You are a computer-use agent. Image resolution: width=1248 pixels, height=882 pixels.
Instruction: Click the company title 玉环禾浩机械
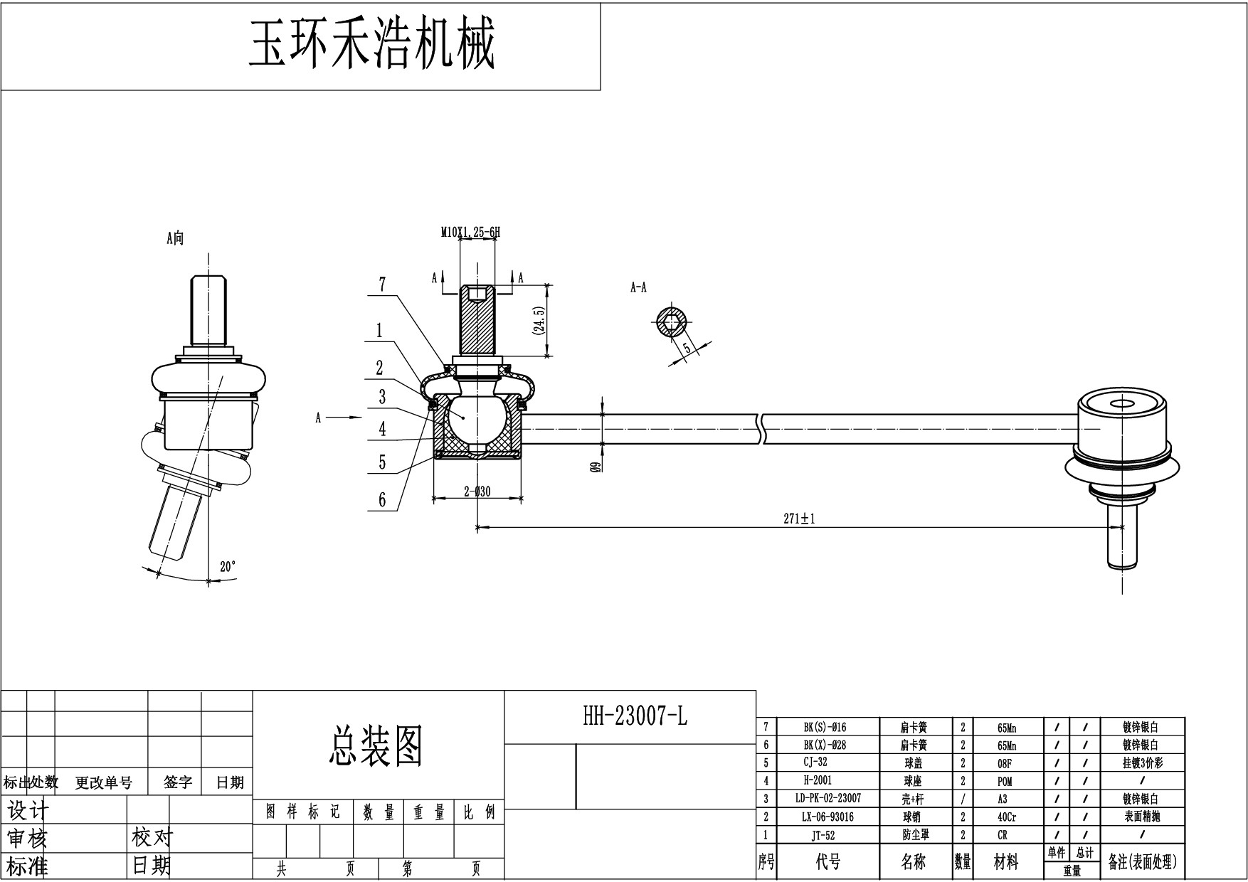(x=371, y=45)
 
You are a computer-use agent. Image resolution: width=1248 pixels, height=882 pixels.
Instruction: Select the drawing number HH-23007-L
(x=635, y=716)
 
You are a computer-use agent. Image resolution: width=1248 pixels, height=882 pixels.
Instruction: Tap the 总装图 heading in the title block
(x=376, y=745)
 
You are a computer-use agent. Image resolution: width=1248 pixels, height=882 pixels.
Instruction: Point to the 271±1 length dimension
(x=799, y=519)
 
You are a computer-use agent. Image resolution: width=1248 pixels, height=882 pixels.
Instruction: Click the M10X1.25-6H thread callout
(x=470, y=232)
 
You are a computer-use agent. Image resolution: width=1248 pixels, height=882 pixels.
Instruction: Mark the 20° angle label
(x=228, y=567)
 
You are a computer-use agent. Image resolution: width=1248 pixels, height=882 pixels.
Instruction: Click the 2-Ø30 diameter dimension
(x=477, y=492)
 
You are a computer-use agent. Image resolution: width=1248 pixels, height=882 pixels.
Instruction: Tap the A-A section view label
(x=638, y=287)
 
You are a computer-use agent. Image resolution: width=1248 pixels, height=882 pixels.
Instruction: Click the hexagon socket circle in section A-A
(x=670, y=324)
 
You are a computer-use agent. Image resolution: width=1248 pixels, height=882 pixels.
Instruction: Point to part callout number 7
(x=382, y=285)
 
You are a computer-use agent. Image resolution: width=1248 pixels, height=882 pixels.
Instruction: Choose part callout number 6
(x=382, y=500)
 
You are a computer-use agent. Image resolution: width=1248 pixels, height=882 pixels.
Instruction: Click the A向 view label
(x=175, y=238)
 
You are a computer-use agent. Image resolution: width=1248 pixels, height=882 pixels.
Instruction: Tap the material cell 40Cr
(x=1007, y=817)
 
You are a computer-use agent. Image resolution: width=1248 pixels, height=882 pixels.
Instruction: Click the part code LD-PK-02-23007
(x=828, y=799)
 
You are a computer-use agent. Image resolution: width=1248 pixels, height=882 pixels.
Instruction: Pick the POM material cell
(x=1005, y=781)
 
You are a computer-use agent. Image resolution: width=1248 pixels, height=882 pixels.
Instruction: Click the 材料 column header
(x=1006, y=863)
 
